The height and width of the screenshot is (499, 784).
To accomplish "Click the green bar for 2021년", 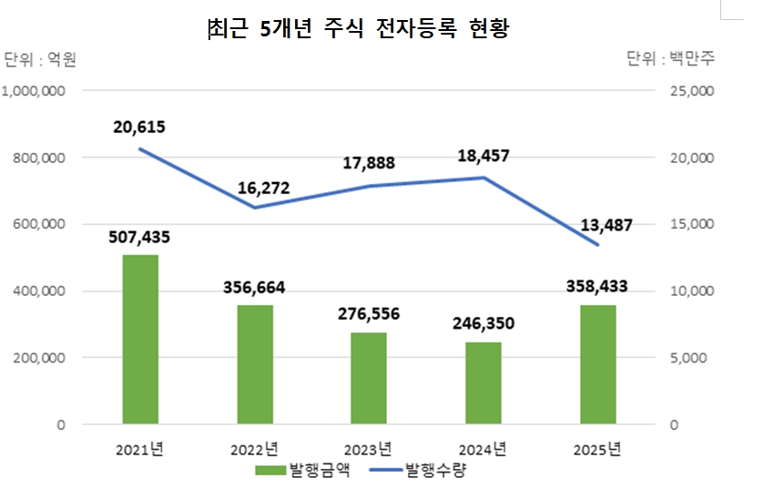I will [140, 340].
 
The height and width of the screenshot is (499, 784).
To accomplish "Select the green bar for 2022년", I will [255, 364].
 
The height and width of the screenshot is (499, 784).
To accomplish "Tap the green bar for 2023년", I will [369, 378].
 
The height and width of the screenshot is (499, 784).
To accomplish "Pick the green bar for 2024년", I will [483, 383].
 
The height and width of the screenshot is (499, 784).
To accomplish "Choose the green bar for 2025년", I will [598, 364].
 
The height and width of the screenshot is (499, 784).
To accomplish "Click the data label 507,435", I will [140, 238].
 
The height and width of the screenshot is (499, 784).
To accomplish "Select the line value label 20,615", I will [139, 127].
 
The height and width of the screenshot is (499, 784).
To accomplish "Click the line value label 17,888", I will [368, 163].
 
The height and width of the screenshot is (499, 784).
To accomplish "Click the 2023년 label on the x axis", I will [368, 449].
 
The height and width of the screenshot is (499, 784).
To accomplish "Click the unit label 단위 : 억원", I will [40, 60].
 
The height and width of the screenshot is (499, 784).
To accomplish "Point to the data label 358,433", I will [597, 287].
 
